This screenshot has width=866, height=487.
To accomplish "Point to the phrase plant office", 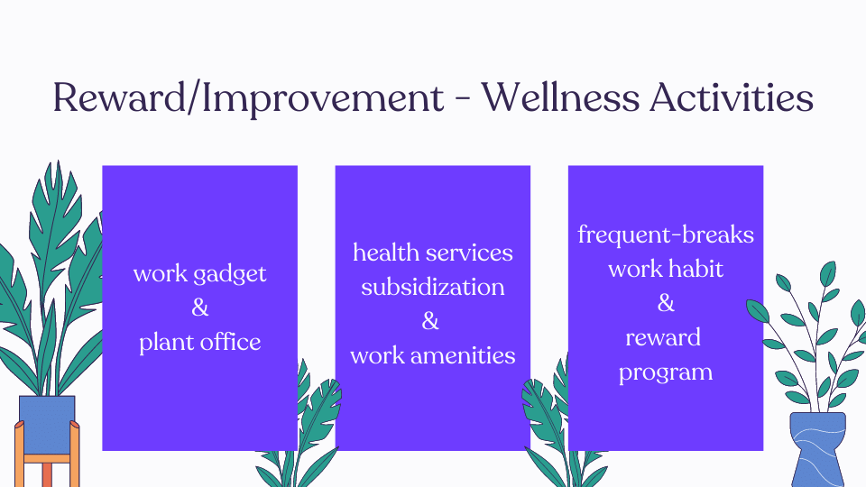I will [x=199, y=342].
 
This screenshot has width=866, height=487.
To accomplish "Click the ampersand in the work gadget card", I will [x=199, y=308].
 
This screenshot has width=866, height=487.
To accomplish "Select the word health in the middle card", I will [x=386, y=253].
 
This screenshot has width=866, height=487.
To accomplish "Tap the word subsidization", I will [x=433, y=287].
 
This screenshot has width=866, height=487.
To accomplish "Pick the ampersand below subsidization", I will [x=431, y=321].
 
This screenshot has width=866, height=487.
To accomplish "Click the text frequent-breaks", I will [x=666, y=235].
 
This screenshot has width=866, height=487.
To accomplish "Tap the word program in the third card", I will [x=666, y=372].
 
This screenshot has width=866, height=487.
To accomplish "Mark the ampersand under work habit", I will [x=666, y=303].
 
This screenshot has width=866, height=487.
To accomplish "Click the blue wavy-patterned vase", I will [x=817, y=447].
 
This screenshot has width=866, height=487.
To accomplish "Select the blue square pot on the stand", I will [x=47, y=424].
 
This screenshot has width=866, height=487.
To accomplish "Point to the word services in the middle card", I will [x=470, y=253].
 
